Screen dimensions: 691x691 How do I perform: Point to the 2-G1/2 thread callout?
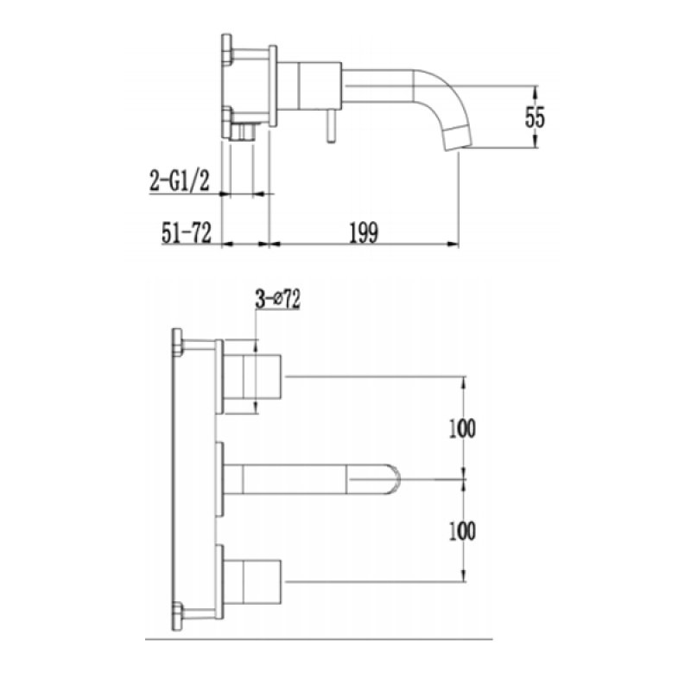[180, 182]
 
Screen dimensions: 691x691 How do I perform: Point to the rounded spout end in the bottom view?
[393, 476]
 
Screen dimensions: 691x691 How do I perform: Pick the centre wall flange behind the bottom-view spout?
[221, 476]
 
